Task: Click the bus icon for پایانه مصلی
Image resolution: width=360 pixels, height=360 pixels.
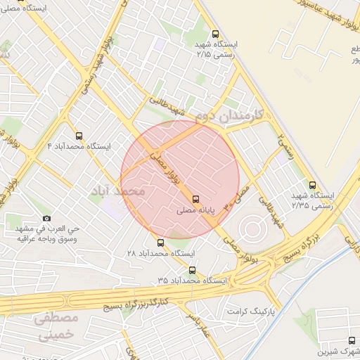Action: click(x=195, y=198)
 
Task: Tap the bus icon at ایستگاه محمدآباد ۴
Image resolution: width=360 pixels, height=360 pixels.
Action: click(x=78, y=135)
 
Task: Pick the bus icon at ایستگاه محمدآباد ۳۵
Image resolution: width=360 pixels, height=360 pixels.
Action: click(x=192, y=269)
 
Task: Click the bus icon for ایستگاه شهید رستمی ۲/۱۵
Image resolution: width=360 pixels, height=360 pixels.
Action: click(x=214, y=33)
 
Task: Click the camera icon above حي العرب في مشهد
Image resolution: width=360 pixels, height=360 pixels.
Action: click(x=46, y=219)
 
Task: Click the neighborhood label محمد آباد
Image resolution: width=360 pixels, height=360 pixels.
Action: click(x=118, y=191)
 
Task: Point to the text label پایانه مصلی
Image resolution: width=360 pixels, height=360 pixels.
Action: click(x=196, y=210)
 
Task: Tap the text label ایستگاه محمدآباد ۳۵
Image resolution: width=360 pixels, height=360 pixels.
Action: click(x=192, y=280)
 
